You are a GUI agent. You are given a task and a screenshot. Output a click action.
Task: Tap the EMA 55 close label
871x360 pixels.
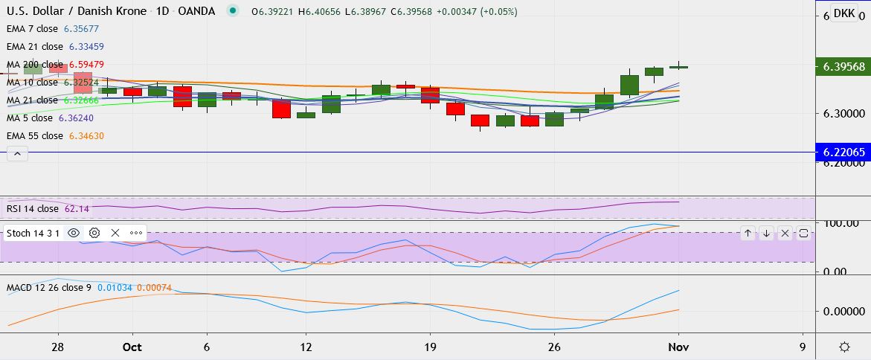point(35,136)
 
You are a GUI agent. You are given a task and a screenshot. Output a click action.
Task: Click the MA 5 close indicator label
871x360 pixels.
point(30,118)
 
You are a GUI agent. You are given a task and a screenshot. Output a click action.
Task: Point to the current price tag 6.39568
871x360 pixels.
point(842,67)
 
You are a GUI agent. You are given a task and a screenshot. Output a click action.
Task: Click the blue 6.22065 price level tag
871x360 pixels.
point(842,152)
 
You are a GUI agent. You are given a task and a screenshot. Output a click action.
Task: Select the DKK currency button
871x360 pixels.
point(843,13)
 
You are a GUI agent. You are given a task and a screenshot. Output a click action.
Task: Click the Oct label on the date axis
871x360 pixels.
point(132,347)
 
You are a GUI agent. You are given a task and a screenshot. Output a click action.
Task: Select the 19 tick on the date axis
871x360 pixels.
point(429,347)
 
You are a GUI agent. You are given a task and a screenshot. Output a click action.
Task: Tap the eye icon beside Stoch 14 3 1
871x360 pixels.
point(74,233)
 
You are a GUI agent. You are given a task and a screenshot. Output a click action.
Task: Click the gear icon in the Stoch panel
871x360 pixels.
point(94,233)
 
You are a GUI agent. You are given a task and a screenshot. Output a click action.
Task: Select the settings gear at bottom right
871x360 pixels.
point(845,347)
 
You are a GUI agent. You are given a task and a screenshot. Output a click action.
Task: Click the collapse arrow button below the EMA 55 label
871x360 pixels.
point(17,154)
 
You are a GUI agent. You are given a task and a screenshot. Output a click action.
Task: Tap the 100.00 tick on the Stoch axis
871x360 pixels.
point(842,223)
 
